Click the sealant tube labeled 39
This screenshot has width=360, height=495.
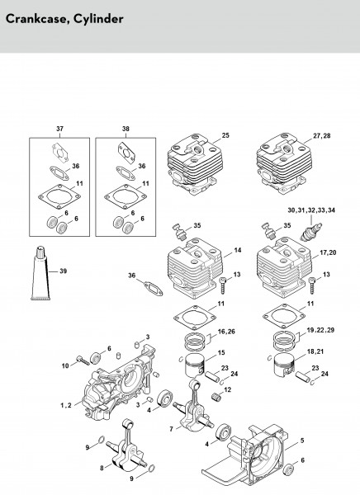point(40,273)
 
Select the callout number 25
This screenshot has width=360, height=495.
point(225,135)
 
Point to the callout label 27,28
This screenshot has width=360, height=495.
point(322,135)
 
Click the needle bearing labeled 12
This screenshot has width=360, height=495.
point(215,395)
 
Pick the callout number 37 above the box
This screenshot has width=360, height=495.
point(59,129)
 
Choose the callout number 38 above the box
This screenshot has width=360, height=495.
point(126,129)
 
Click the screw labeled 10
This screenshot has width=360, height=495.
point(83,361)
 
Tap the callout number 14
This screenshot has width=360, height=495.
point(238,250)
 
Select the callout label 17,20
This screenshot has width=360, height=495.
point(328,252)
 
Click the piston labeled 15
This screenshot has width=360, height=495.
point(193,365)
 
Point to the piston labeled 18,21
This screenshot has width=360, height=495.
point(284,365)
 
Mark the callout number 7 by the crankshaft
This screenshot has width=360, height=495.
point(171,429)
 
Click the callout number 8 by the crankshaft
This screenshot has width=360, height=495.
point(102,468)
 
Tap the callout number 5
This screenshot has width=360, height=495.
point(302,441)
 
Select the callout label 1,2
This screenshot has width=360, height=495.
point(66,405)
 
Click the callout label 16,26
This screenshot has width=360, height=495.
point(226,332)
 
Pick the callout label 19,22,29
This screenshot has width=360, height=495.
point(320,330)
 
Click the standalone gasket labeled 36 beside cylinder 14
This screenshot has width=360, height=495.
point(154,289)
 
